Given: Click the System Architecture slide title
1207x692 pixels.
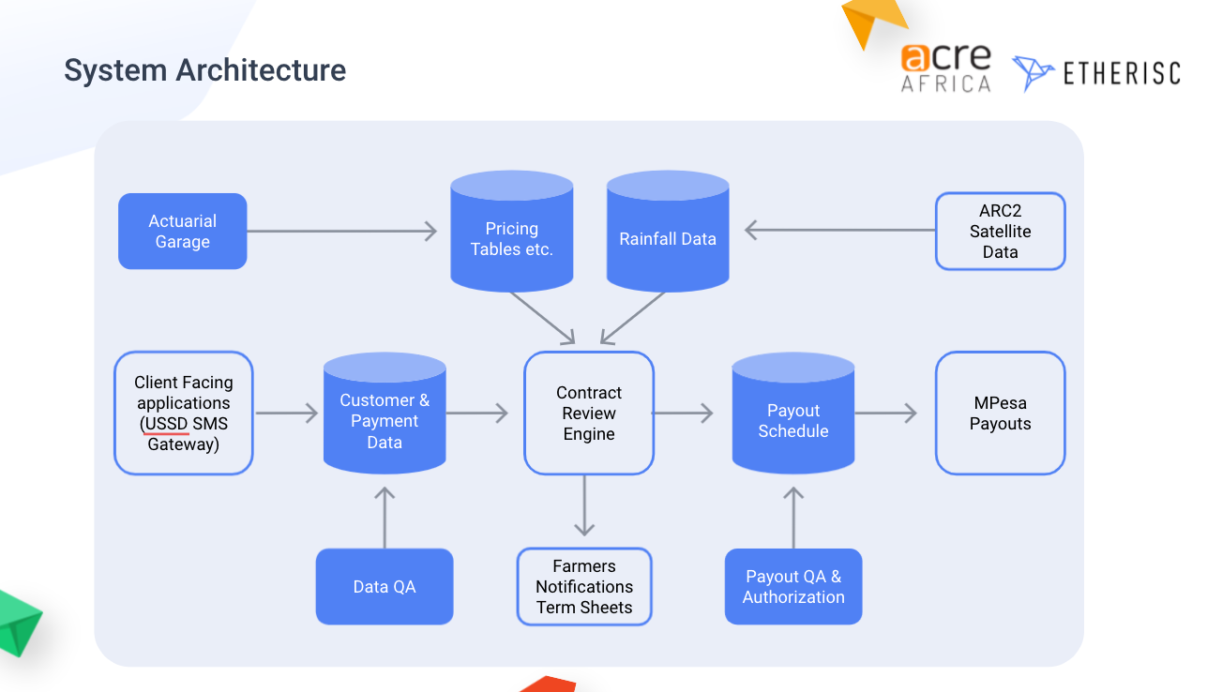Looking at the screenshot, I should tap(204, 70).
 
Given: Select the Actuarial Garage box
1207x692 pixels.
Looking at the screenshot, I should tap(183, 232).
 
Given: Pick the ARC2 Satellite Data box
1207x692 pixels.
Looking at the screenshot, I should tap(1000, 232).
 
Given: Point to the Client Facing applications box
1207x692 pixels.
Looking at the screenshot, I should tap(184, 414).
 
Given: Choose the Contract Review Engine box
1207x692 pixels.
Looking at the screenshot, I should tap(589, 414).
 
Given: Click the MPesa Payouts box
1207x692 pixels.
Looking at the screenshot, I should tap(1000, 414).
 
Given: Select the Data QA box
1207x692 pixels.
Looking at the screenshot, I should tap(385, 587).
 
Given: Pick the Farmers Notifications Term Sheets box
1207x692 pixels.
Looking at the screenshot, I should tap(584, 587).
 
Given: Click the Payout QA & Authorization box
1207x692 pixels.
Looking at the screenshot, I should tap(793, 587).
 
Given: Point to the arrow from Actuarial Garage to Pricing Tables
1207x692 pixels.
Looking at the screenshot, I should tap(342, 232).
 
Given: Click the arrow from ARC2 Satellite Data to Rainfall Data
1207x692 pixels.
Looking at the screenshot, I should tap(839, 230).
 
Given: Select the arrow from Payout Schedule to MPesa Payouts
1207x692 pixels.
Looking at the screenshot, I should tap(885, 413).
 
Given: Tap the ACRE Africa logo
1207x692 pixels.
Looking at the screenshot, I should tap(945, 68).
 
